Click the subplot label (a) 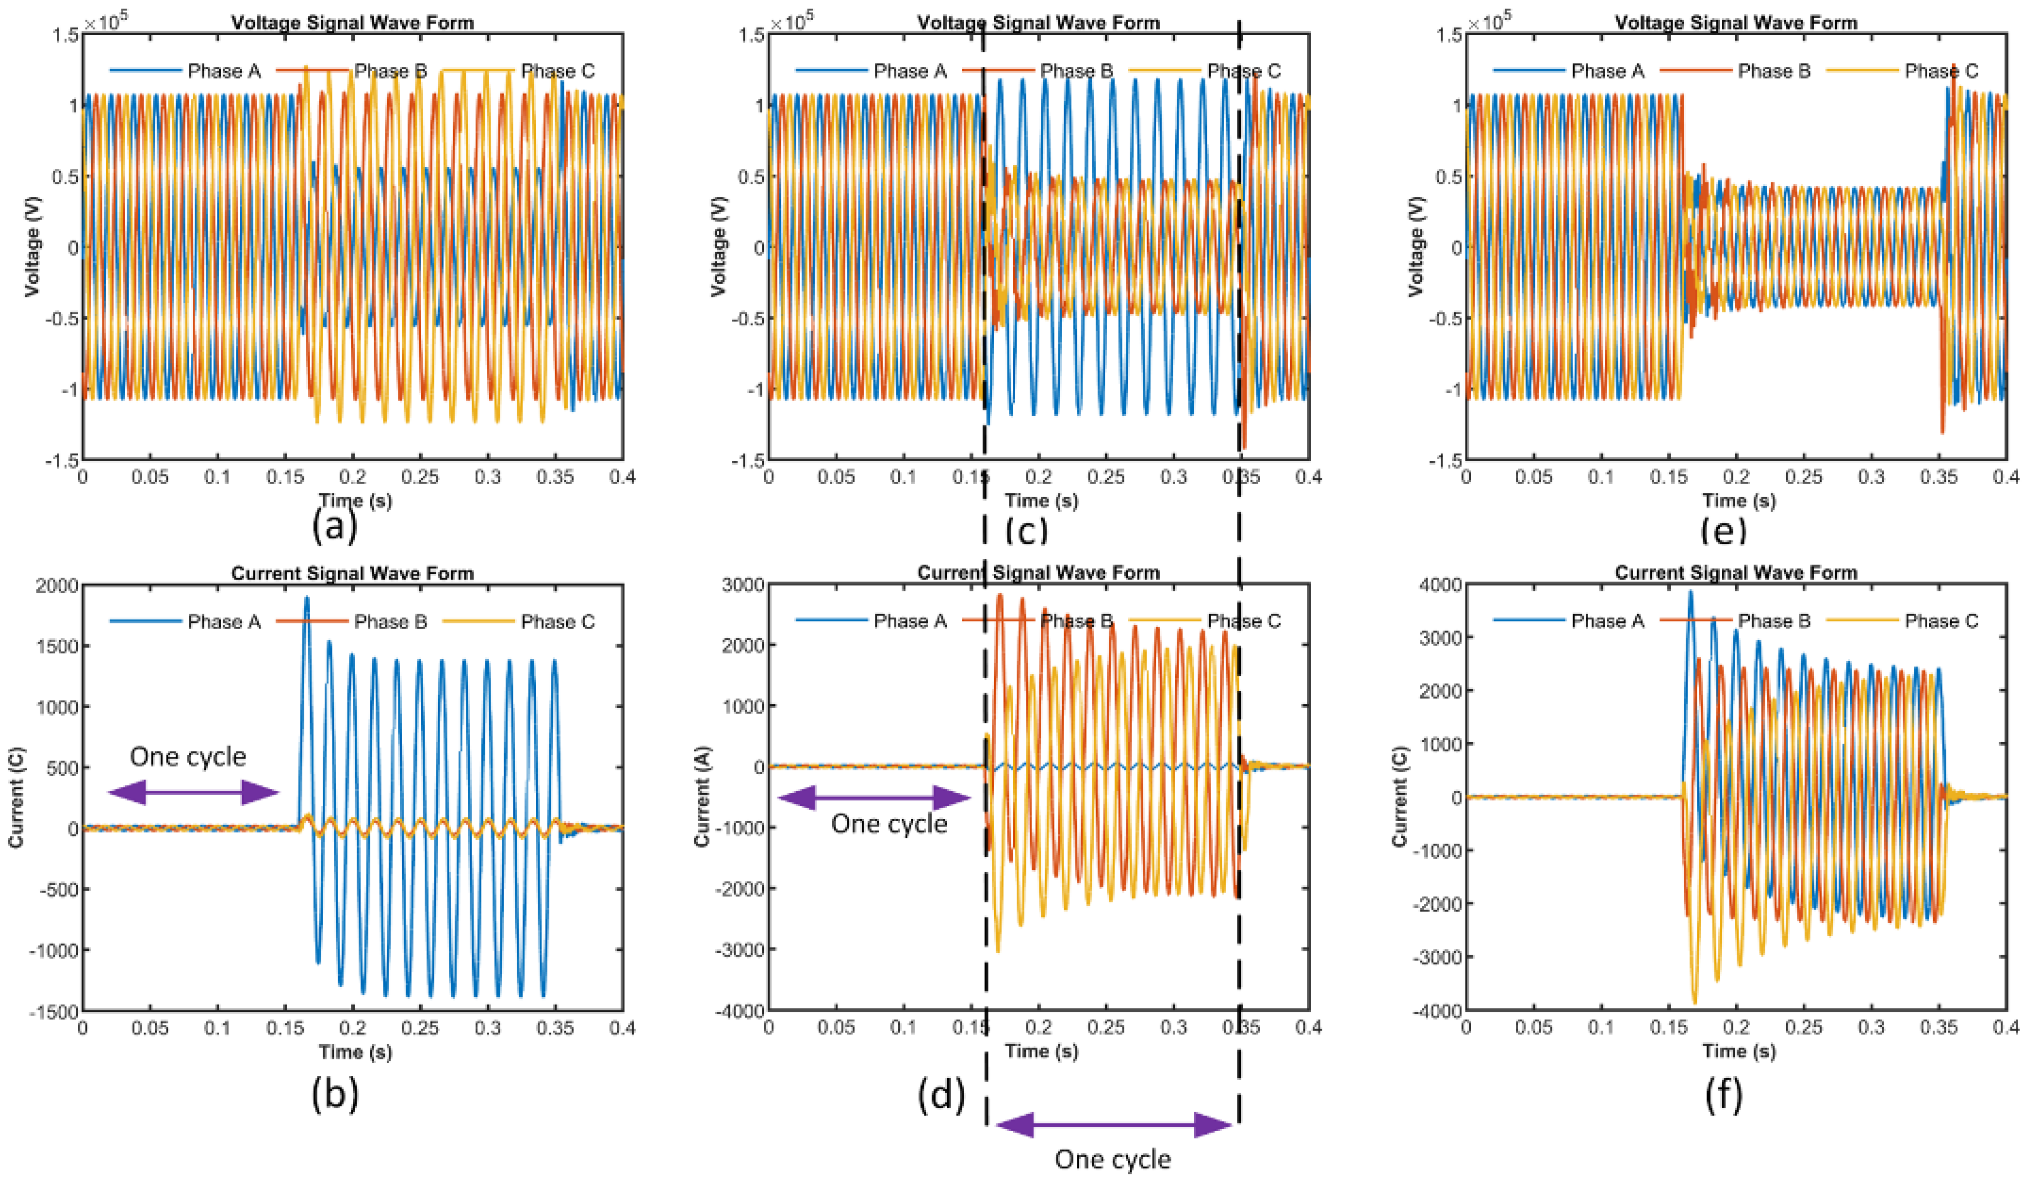[334, 528]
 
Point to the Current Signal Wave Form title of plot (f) [1736, 573]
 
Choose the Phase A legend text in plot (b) [224, 622]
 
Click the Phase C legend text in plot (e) [1941, 71]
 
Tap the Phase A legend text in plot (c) [910, 71]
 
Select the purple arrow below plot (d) [1114, 1125]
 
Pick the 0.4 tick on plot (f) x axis [2004, 1028]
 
